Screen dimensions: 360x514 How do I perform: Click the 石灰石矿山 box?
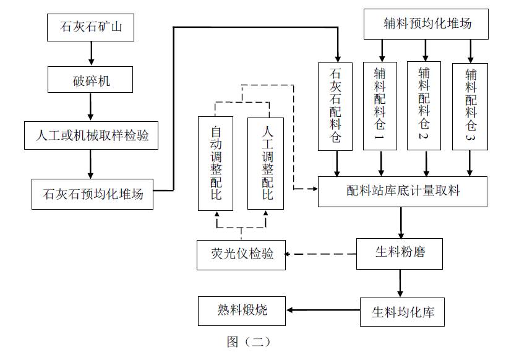coord(91,27)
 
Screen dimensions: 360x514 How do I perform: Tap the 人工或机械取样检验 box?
coord(91,135)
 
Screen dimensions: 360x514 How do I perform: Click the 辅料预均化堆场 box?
coord(426,24)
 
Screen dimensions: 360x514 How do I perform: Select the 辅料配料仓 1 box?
coord(380,106)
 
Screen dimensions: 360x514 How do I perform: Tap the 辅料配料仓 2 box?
coord(424,105)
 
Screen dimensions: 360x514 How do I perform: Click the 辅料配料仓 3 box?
coord(469,106)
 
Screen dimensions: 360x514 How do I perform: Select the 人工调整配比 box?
coord(266,163)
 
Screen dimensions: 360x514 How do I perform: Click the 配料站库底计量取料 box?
coord(403,191)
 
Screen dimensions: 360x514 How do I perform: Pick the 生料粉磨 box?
coord(400,253)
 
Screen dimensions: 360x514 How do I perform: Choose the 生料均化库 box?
coord(403,311)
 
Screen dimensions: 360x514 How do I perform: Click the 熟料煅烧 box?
coord(242,311)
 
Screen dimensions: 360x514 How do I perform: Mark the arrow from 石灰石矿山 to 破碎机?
coord(91,54)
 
